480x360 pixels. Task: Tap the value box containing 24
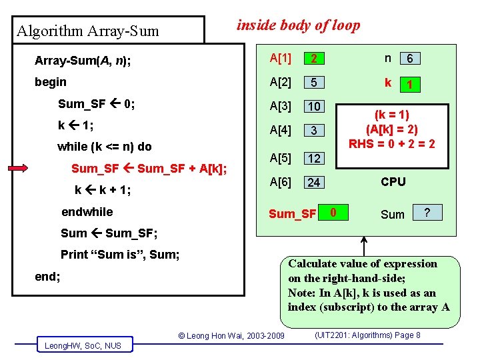point(313,182)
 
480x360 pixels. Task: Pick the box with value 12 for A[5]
point(313,158)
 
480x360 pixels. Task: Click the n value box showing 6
point(410,59)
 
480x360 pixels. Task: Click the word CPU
point(393,181)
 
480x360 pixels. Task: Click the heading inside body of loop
point(299,25)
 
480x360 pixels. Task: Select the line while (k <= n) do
point(105,146)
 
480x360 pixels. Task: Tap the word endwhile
point(87,212)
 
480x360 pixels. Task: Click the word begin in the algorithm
point(50,82)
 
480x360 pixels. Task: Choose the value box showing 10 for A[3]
point(313,107)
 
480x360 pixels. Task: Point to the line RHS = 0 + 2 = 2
point(392,143)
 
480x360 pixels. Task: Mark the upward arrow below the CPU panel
point(365,246)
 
